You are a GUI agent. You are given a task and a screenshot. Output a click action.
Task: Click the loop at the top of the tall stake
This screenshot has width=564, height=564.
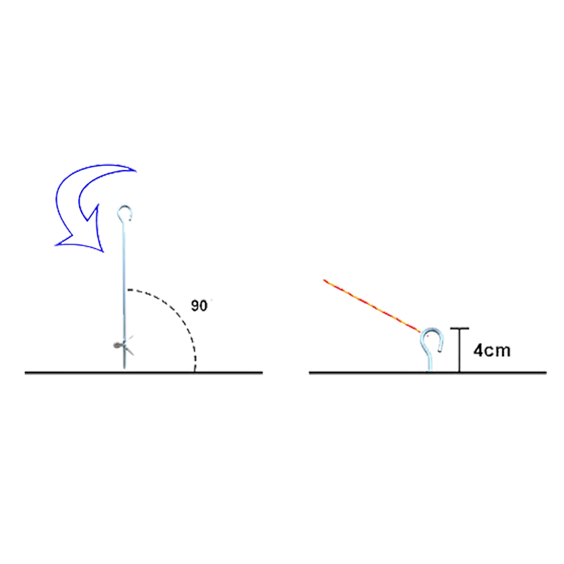pyautogui.click(x=125, y=211)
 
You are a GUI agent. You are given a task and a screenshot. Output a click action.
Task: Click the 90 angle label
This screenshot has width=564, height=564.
pyautogui.click(x=200, y=306)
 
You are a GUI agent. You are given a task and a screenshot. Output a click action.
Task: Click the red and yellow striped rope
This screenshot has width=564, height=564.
pyautogui.click(x=370, y=305)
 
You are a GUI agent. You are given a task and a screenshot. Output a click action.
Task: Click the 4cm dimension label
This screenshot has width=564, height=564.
pyautogui.click(x=492, y=350)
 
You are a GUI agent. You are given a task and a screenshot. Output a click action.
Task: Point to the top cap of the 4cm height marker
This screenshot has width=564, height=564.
pyautogui.click(x=460, y=328)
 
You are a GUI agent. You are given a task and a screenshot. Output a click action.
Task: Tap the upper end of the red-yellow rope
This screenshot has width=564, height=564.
pyautogui.click(x=321, y=280)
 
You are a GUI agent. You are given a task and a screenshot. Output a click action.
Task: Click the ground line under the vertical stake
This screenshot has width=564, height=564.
pyautogui.click(x=141, y=373)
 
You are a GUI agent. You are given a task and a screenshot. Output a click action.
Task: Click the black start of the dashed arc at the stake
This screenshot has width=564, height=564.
pyautogui.click(x=129, y=290)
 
